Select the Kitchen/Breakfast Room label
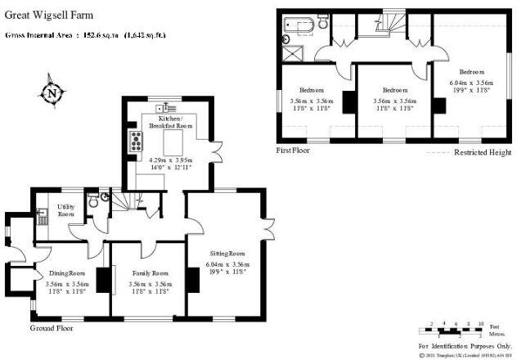(x=171, y=123)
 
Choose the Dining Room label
(x=66, y=272)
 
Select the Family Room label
(x=149, y=272)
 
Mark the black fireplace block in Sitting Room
(x=193, y=280)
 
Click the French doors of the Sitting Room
(x=269, y=228)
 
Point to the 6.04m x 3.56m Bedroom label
(x=471, y=81)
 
